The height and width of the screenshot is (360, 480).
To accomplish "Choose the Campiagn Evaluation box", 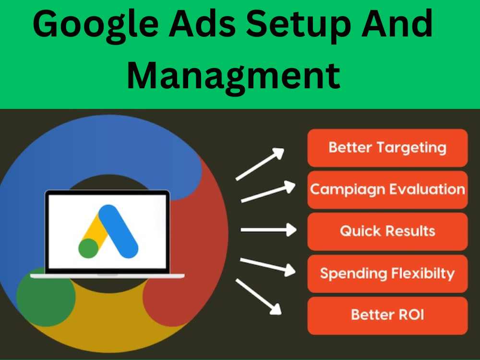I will point(387,189).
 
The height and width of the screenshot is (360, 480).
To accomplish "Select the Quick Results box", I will point(387,231).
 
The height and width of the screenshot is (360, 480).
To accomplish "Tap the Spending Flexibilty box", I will point(387,273).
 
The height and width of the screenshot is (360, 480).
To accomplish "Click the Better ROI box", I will point(387,315).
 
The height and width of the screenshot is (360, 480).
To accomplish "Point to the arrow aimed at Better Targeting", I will point(260,164).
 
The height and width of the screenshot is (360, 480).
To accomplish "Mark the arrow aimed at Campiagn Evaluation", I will point(267,192).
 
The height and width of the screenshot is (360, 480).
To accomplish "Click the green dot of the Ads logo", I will point(88,248).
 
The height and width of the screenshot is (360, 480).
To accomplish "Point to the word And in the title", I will point(401,25).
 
